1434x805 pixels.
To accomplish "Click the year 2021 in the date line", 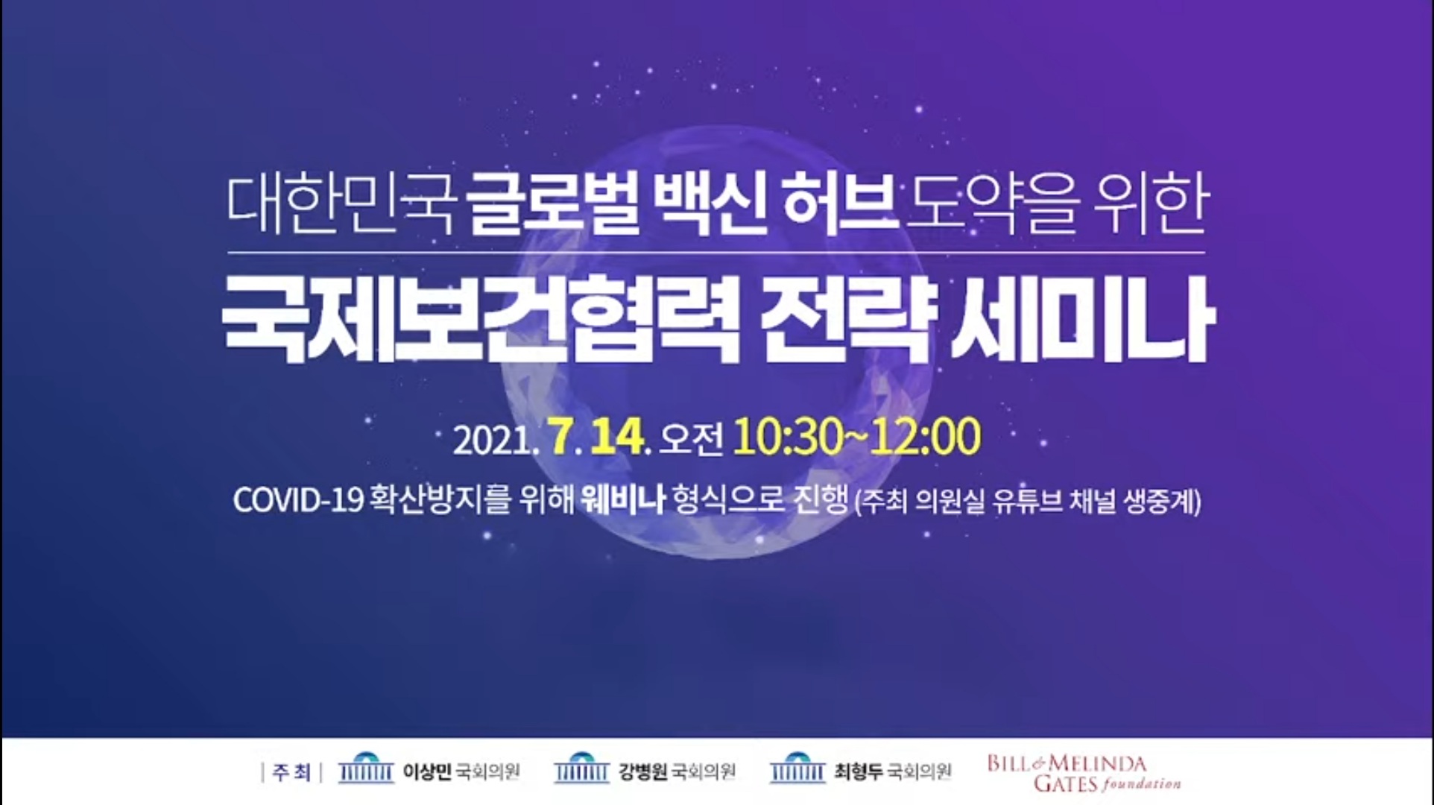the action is point(492,440).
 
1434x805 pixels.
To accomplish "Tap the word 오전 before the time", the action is point(692,439).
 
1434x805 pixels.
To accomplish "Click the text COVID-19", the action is point(298,500).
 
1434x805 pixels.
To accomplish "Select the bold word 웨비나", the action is point(623,499).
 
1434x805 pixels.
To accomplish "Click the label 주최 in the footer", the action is point(291,772).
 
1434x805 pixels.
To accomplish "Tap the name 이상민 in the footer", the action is point(427,771).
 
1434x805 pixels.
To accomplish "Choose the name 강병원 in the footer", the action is point(643,771).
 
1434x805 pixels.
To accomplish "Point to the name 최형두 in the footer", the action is point(859,771).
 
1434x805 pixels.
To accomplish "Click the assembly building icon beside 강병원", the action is point(581,768).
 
